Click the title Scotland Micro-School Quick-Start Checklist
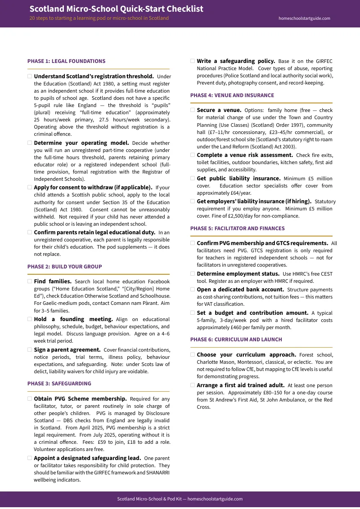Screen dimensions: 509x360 (x=116, y=9)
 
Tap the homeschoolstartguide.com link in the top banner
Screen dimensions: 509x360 (x=304, y=18)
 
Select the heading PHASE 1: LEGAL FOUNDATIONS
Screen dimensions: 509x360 (x=66, y=61)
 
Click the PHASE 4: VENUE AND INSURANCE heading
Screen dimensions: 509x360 (x=232, y=95)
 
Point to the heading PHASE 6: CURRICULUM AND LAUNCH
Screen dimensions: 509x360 (x=236, y=339)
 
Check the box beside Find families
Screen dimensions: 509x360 (x=30, y=281)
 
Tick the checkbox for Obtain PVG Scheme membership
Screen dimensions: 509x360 (x=30, y=399)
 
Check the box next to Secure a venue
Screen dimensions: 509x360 (x=193, y=110)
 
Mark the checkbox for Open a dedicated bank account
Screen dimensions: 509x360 (x=193, y=290)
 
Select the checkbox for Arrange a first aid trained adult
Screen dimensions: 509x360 (x=193, y=385)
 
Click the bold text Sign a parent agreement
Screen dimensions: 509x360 (x=67, y=349)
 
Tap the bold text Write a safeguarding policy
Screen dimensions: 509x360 (x=236, y=61)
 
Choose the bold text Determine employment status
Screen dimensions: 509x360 (x=238, y=273)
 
